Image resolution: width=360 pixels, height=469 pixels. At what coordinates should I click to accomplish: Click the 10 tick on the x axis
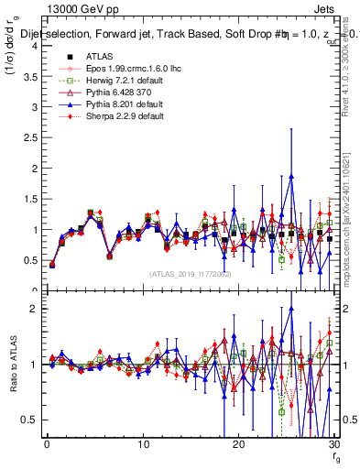143,444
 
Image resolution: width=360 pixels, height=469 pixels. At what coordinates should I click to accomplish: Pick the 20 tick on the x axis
238,444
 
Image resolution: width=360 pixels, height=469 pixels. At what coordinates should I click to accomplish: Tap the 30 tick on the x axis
334,444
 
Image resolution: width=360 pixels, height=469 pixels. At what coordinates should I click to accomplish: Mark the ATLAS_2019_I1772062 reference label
191,274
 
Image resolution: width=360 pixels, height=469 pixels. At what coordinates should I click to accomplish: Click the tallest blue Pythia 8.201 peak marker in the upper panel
290,176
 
